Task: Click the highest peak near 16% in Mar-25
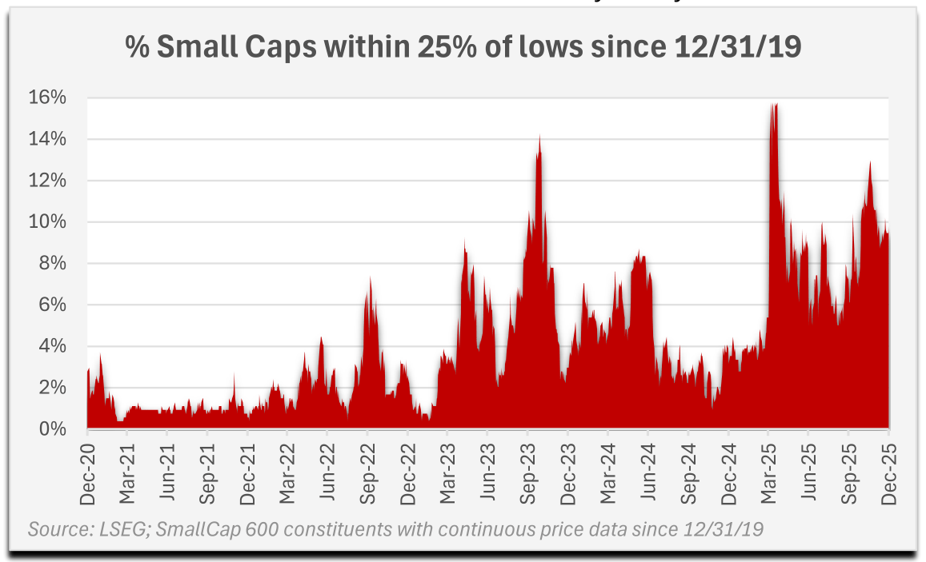click(774, 104)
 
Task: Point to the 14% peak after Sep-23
click(539, 137)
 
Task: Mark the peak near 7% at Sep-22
click(370, 278)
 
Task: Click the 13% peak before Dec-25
click(869, 163)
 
